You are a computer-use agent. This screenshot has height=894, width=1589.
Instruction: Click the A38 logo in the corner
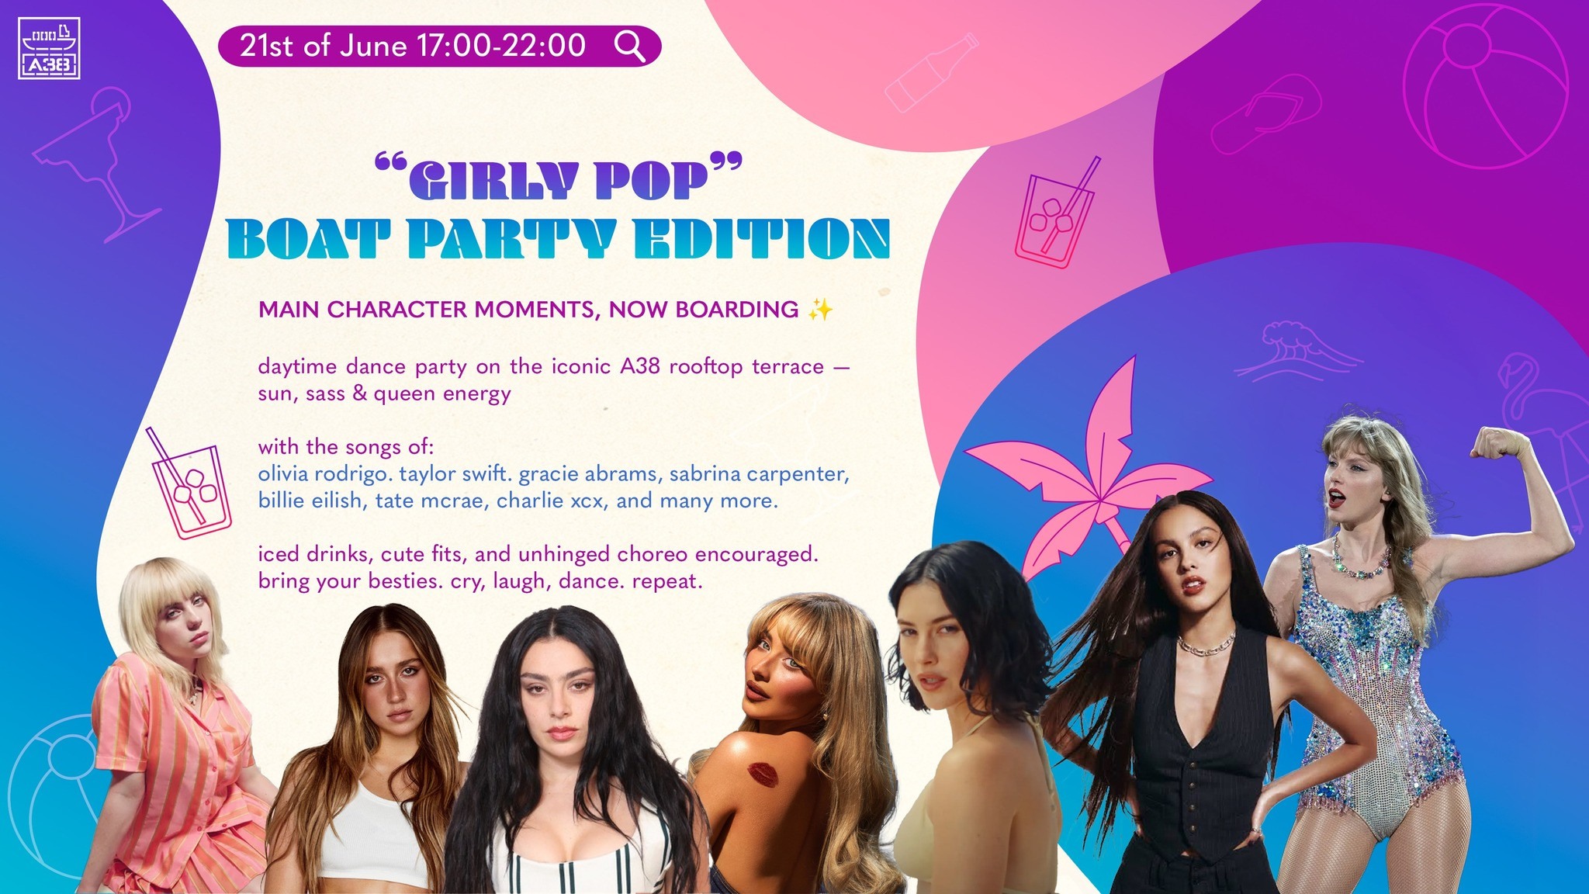pos(49,48)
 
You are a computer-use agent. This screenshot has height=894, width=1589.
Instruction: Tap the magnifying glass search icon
pos(629,46)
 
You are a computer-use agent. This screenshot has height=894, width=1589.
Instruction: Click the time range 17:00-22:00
pos(501,46)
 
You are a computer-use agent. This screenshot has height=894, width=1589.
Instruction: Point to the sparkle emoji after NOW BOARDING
pos(820,310)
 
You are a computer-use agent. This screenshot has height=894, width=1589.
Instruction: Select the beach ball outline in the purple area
pos(1485,85)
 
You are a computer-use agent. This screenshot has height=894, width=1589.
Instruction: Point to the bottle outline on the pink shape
pos(931,74)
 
